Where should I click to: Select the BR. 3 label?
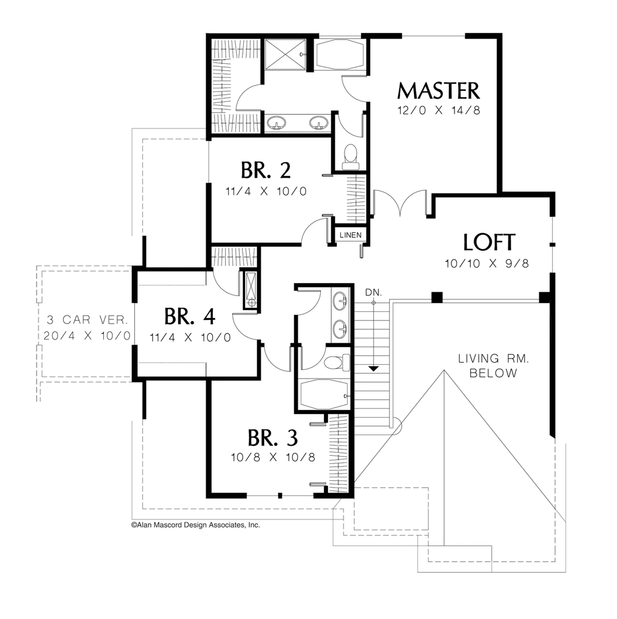point(273,438)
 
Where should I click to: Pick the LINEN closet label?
point(350,235)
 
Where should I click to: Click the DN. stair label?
point(374,292)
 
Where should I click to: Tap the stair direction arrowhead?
point(373,368)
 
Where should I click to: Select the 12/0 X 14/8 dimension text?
point(439,110)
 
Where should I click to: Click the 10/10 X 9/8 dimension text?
point(487,263)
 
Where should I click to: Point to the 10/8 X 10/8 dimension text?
point(273,457)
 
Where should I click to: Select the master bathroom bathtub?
point(340,54)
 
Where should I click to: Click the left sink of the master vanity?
point(276,122)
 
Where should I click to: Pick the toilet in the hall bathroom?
point(337,362)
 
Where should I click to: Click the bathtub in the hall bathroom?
point(324,394)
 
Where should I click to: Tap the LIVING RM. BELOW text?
point(493,366)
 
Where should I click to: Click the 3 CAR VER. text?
point(87,320)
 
